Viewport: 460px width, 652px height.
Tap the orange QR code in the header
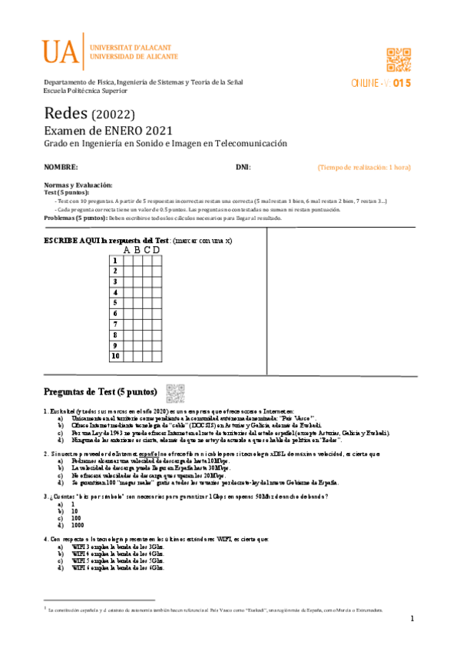(x=400, y=59)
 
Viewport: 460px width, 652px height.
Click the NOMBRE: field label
(x=61, y=167)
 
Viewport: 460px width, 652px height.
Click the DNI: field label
(x=243, y=167)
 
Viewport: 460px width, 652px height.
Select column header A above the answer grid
(x=127, y=249)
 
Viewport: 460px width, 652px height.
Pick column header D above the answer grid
(x=157, y=249)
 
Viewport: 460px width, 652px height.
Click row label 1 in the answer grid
(x=115, y=261)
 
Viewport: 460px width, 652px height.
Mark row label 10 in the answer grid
(x=115, y=356)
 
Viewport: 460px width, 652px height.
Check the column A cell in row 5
(x=127, y=303)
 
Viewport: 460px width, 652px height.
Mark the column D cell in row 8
(x=157, y=335)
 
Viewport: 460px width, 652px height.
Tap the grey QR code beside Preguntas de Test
(x=176, y=392)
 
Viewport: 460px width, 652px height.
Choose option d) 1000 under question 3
(x=76, y=524)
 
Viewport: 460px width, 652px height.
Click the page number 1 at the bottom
(x=412, y=619)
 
